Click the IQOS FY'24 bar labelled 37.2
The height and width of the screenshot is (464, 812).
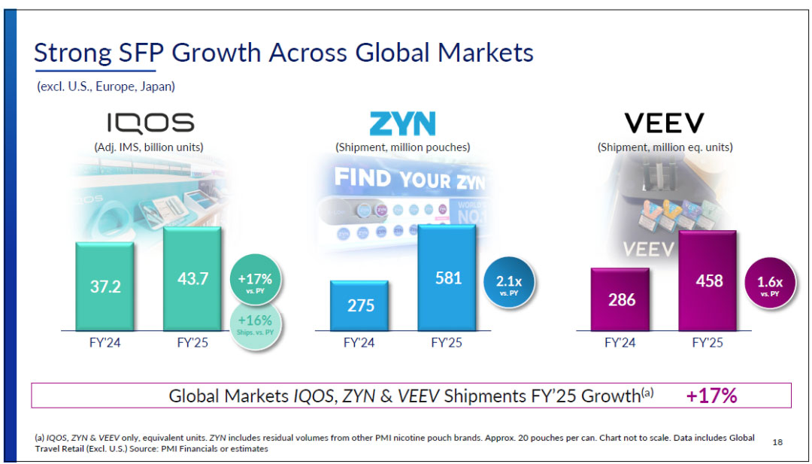[x=105, y=287]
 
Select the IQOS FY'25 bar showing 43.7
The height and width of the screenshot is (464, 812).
[x=192, y=278]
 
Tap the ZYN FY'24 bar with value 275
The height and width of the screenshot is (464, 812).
[x=359, y=305]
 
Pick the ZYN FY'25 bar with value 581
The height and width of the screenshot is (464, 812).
[x=447, y=278]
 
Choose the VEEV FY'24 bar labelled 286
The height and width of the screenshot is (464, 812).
[x=621, y=299]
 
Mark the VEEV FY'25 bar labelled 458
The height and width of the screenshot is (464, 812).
[x=708, y=281]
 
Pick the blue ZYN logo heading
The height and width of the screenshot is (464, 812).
[x=402, y=123]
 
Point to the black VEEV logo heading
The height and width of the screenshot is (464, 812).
[x=664, y=123]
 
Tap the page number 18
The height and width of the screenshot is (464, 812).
[x=777, y=442]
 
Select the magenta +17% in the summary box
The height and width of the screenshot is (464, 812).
[x=711, y=396]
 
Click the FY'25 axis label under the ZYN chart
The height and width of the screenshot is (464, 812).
[x=447, y=342]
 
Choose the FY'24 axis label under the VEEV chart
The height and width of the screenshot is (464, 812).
[x=621, y=342]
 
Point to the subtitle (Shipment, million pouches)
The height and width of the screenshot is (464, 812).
[x=402, y=147]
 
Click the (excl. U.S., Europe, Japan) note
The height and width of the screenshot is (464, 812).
[x=106, y=86]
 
